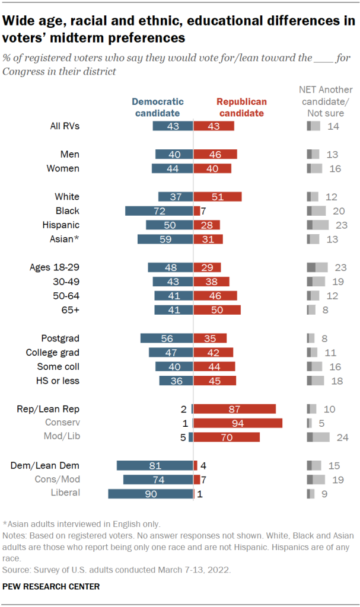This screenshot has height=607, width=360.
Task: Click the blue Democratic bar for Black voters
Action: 159,211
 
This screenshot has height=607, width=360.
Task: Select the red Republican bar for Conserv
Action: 238,423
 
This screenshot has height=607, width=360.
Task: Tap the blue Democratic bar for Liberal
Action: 151,493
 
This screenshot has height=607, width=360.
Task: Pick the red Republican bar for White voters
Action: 218,197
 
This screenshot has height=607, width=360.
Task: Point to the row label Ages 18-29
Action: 55,267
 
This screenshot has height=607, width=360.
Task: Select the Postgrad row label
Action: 60,338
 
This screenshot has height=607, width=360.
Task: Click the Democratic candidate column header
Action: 157,107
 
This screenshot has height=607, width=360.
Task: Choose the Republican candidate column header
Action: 241,107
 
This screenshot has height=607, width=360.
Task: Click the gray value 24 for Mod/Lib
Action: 342,437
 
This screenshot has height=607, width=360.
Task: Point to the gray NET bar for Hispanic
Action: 317,225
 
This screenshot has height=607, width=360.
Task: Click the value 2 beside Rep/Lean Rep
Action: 184,409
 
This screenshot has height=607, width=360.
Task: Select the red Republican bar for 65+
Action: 217,309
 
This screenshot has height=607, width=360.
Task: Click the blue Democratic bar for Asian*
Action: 165,239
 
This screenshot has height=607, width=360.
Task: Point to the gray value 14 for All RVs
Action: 333,126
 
